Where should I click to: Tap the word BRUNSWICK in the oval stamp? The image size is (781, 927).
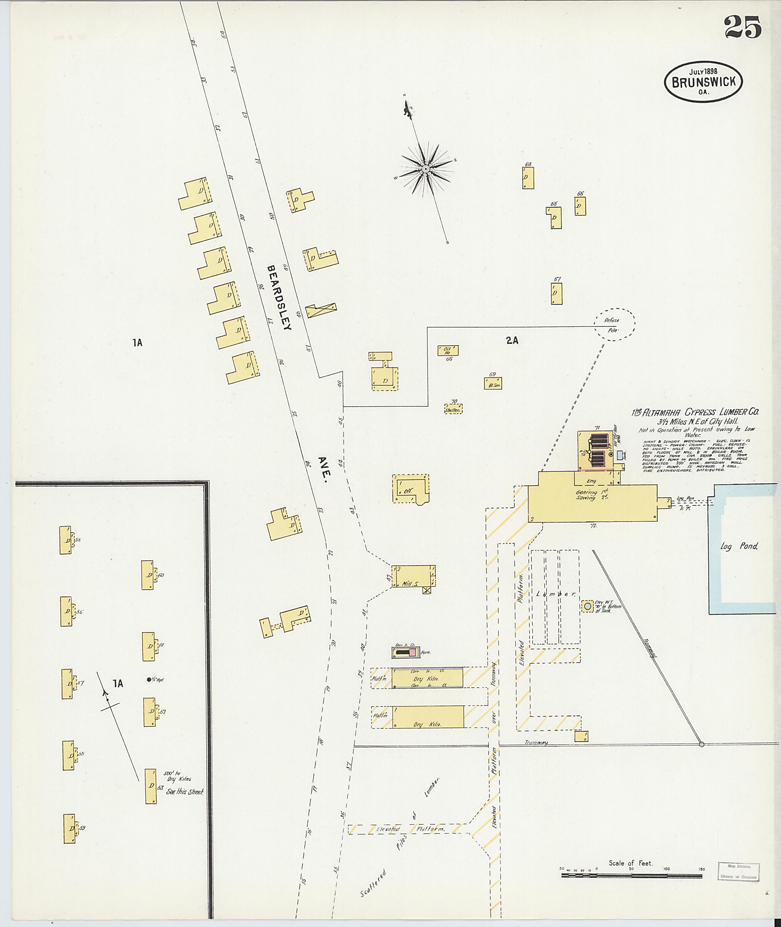704,82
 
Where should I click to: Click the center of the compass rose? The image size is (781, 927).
426,169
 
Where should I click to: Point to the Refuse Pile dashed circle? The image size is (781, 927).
614,324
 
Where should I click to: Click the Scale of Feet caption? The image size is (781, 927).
630,863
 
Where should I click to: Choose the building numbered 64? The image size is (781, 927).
528,178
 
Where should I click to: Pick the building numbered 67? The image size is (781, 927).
556,293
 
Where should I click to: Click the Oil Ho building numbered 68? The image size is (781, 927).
448,350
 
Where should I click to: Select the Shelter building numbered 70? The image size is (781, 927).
453,409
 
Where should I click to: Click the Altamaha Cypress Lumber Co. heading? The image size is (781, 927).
695,412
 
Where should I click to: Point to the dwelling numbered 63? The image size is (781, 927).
151,786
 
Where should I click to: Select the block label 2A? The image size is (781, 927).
512,340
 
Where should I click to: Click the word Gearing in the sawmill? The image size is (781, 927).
586,492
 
